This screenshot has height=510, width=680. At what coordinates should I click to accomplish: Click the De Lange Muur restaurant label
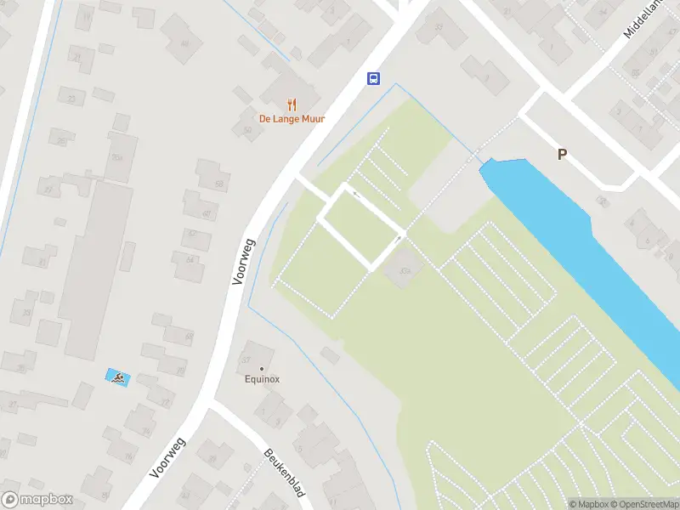coord(292,119)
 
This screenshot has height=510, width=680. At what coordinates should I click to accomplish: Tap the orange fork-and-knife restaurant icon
coord(292,105)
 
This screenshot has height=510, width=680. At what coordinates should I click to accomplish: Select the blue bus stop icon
coord(373,79)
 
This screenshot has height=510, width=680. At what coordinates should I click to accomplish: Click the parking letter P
coord(562,155)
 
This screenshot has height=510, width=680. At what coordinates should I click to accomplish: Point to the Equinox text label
coord(263,380)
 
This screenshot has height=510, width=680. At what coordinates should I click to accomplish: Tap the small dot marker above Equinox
coord(262,368)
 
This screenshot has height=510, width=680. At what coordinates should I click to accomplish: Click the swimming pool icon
coord(119,378)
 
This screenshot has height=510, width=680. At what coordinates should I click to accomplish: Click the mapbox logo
coord(37,500)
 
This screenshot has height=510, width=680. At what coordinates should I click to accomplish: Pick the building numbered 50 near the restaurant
coord(248,130)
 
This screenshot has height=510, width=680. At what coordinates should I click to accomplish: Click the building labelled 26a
coord(116,158)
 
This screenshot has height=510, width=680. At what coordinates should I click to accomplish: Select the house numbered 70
coord(184,44)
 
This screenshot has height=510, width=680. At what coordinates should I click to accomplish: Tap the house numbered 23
coord(72,100)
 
